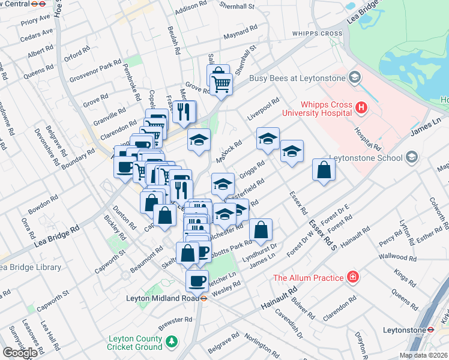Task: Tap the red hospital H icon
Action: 361,108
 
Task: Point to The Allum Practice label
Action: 309,277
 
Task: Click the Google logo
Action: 20,353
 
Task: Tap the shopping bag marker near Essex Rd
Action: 324,170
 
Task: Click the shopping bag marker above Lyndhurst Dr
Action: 261,230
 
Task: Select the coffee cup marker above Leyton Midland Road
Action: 197,280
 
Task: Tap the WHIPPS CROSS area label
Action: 318,34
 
